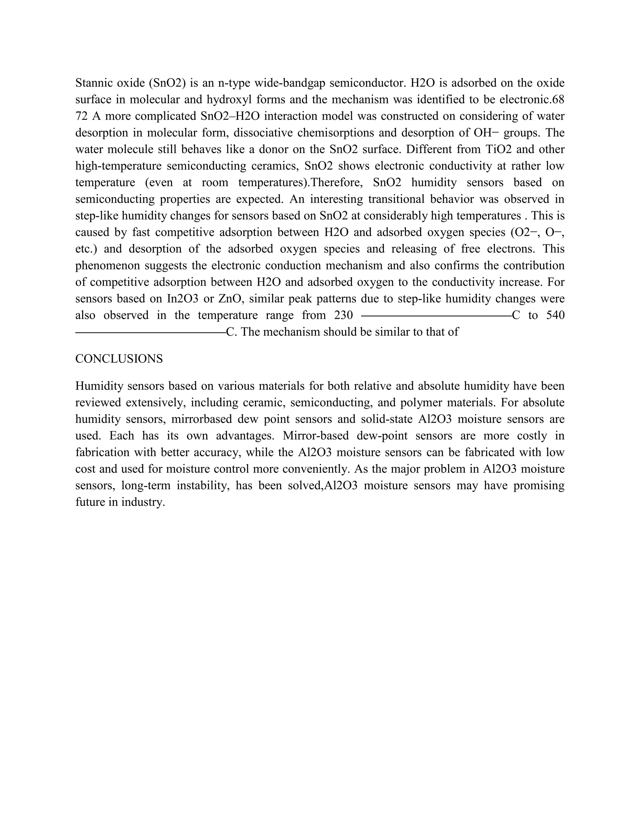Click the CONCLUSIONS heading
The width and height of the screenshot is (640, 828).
(x=119, y=359)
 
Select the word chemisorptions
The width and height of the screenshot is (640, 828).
(x=327, y=133)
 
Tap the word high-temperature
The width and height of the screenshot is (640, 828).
(x=119, y=166)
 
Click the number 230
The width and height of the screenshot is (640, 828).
(x=343, y=316)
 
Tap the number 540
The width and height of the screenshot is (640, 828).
(x=555, y=316)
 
